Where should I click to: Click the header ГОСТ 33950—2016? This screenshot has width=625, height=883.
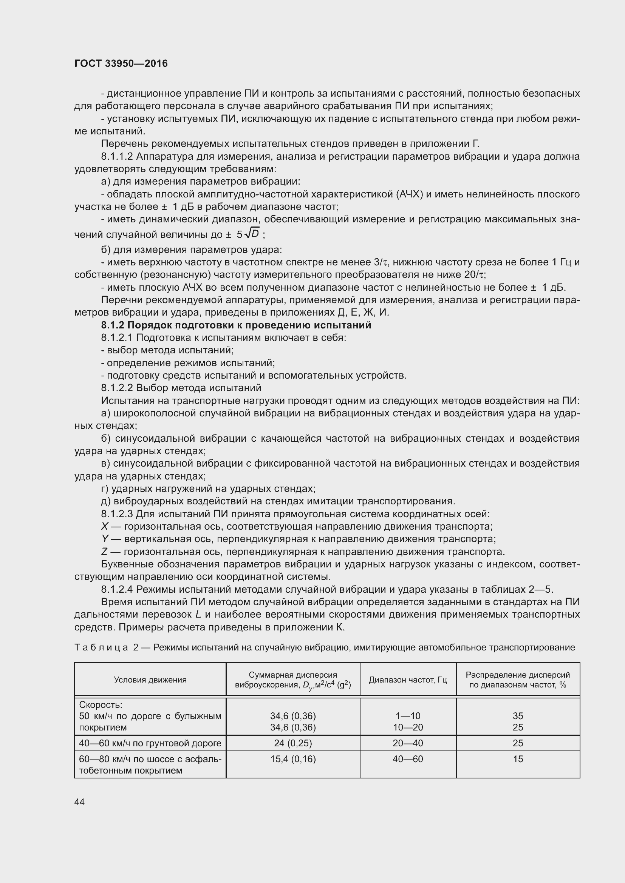[121, 63]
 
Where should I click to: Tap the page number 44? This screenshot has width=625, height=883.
[79, 802]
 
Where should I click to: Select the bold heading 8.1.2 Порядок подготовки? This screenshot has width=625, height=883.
[236, 325]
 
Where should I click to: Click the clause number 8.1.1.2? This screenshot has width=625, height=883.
[117, 157]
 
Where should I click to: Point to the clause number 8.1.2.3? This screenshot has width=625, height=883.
[117, 514]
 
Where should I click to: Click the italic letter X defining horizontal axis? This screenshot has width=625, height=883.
[104, 527]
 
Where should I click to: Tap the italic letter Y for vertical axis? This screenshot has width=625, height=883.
[104, 539]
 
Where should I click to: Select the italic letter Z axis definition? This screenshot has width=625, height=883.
[104, 552]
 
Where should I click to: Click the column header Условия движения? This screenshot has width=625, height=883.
[150, 680]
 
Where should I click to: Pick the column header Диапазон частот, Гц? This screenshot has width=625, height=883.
[408, 680]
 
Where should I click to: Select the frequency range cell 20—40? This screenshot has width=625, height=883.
[408, 743]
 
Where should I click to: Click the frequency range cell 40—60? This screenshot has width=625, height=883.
[408, 759]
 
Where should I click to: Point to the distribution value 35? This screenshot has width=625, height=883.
[518, 716]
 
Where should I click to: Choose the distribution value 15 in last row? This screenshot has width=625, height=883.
[518, 759]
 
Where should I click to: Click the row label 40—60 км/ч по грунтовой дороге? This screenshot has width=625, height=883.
[150, 743]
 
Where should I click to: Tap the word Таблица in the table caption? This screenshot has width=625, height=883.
[101, 648]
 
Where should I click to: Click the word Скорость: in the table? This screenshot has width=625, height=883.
[101, 704]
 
